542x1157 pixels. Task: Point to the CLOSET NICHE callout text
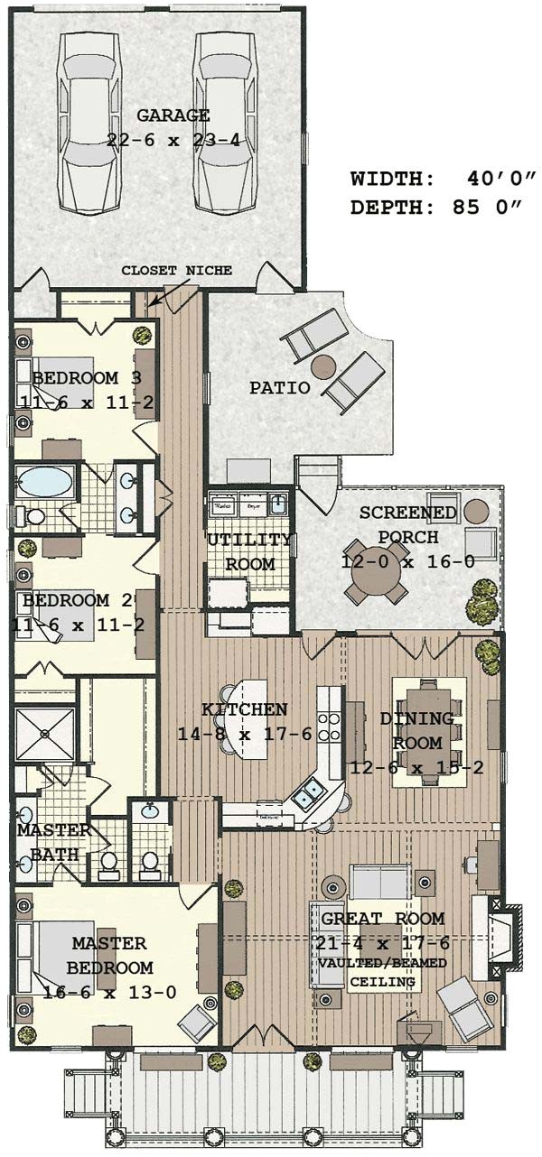(177, 270)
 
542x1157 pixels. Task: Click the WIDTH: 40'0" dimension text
(443, 179)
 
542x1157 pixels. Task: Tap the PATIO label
(280, 388)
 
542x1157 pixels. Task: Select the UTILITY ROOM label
(249, 552)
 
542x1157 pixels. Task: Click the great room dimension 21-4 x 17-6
(379, 943)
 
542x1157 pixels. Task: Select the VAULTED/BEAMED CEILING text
(382, 972)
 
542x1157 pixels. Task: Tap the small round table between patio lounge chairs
(322, 366)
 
